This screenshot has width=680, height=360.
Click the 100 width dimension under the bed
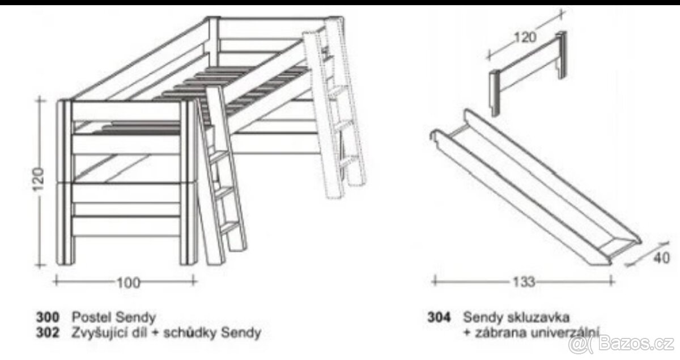[129, 283]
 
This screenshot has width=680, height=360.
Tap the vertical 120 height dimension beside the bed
[39, 179]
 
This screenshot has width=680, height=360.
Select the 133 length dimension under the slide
[524, 282]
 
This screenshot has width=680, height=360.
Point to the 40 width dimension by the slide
[661, 258]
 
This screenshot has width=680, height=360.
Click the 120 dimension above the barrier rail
[525, 37]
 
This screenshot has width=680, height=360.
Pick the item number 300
[48, 317]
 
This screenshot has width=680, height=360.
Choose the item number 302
[48, 333]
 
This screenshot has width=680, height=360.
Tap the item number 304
[439, 317]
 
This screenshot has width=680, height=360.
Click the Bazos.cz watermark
[622, 344]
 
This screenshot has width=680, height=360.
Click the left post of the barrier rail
[495, 94]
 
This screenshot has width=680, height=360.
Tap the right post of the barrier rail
[562, 54]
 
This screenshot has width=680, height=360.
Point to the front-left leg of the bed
[65, 183]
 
